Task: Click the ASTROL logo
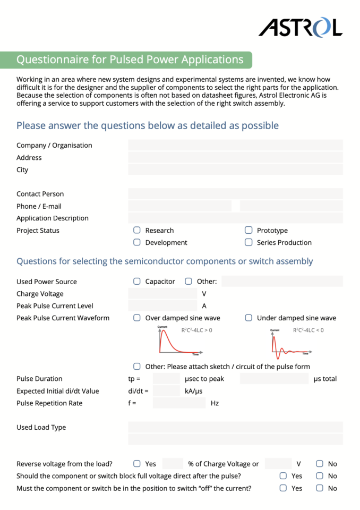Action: tap(300, 27)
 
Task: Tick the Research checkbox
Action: tap(137, 230)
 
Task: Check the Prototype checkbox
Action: tap(248, 230)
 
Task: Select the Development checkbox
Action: tap(137, 242)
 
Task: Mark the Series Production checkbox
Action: tap(248, 242)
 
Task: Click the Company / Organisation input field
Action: tap(235, 145)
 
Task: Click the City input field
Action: tap(235, 169)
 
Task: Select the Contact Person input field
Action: tap(235, 194)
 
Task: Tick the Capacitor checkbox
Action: tap(137, 281)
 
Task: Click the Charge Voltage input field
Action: tap(162, 294)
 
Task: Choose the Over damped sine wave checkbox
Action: tap(137, 318)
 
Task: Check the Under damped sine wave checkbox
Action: tap(248, 318)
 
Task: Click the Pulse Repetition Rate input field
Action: tap(179, 403)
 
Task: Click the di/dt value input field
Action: tap(166, 391)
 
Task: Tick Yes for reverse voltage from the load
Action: tap(137, 464)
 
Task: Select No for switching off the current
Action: tap(320, 488)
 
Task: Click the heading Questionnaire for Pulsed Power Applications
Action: tap(130, 59)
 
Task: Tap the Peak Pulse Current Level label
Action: tap(55, 306)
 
